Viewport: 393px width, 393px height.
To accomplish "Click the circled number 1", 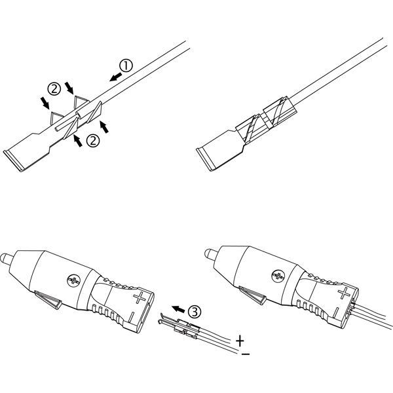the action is [x=126, y=65].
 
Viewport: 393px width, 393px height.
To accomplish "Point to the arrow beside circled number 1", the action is [x=115, y=77].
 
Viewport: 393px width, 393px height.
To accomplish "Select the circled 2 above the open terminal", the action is [x=54, y=88].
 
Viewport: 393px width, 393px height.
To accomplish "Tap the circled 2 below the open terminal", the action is [x=93, y=141].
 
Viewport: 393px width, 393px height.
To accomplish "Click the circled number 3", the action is [x=195, y=312].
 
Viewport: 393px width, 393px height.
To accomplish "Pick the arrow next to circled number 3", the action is [x=178, y=309].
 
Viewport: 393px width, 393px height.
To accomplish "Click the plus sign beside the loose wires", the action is [x=240, y=341].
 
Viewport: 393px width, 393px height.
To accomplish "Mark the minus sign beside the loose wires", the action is [x=246, y=354].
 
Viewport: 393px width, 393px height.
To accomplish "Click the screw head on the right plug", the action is [x=278, y=276].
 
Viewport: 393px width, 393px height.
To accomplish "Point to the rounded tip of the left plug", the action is [x=5, y=257].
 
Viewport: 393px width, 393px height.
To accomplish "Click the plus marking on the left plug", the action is [x=140, y=298].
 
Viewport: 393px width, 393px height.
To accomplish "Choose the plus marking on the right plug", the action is [x=344, y=293].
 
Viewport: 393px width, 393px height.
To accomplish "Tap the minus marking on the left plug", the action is [x=132, y=318].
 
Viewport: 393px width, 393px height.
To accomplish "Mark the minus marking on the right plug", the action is [x=337, y=313].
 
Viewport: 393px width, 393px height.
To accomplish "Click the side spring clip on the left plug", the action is [x=48, y=299].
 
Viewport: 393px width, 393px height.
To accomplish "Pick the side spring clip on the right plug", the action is [x=253, y=295].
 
